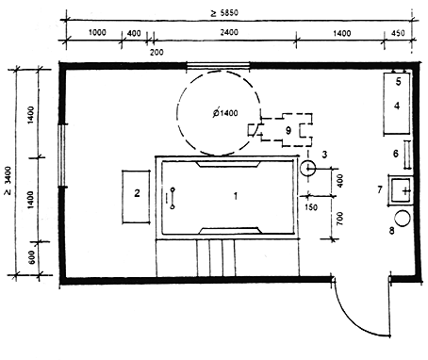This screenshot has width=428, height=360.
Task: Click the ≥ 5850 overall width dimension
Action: pyautogui.click(x=224, y=13)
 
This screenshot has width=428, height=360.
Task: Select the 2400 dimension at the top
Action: pyautogui.click(x=229, y=32)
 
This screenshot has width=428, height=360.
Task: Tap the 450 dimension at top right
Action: pyautogui.click(x=398, y=33)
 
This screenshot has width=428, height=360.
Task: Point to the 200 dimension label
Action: pyautogui.click(x=156, y=52)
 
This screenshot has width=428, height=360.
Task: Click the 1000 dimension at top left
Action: pyautogui.click(x=97, y=32)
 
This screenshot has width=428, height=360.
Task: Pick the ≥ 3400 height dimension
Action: pyautogui.click(x=8, y=181)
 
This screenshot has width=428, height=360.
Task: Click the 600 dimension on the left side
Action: pyautogui.click(x=33, y=257)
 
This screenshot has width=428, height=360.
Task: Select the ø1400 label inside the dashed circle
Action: pyautogui.click(x=225, y=113)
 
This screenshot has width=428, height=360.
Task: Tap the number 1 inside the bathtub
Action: pyautogui.click(x=236, y=196)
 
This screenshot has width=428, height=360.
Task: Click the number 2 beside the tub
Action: pyautogui.click(x=137, y=193)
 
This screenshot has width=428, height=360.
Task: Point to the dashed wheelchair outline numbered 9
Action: pyautogui.click(x=281, y=130)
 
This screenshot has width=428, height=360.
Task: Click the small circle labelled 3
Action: pyautogui.click(x=307, y=169)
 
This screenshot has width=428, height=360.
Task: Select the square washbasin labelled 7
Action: pyautogui.click(x=401, y=190)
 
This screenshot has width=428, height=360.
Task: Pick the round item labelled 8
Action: pyautogui.click(x=403, y=219)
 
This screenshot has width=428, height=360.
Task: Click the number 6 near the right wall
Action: pyautogui.click(x=396, y=154)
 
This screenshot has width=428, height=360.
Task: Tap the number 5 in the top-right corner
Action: pyautogui.click(x=399, y=82)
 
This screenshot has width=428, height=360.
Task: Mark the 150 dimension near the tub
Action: pyautogui.click(x=311, y=207)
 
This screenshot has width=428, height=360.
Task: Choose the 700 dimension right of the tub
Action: pyautogui.click(x=339, y=219)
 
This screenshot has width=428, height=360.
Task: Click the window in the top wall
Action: pyautogui.click(x=218, y=66)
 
